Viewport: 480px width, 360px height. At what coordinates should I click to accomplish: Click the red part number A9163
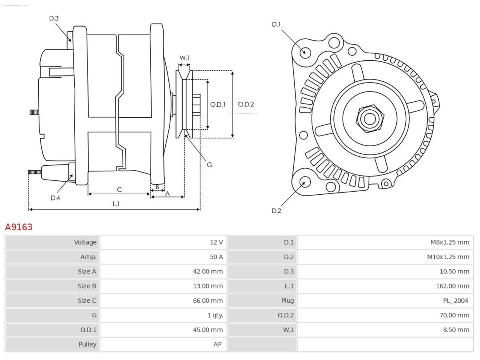click(19, 227)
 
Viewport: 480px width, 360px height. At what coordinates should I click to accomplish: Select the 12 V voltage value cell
click(163, 242)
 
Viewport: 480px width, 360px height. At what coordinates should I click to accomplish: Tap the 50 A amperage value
click(216, 257)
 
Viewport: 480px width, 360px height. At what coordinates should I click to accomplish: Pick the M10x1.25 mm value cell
click(385, 257)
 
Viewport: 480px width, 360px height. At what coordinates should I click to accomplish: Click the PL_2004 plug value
click(455, 300)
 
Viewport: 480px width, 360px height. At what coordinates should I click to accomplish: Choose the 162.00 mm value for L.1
click(453, 286)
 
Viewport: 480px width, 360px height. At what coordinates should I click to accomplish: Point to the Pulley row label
click(87, 344)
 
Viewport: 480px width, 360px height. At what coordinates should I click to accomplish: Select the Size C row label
click(87, 300)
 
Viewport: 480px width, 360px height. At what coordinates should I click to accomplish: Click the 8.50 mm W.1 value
click(456, 330)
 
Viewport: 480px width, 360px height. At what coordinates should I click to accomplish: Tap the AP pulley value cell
click(163, 344)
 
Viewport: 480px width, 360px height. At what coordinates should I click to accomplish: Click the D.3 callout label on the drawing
click(54, 18)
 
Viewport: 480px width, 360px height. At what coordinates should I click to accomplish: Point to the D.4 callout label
click(55, 198)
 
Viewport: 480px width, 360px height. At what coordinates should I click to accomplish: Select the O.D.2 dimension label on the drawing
click(246, 104)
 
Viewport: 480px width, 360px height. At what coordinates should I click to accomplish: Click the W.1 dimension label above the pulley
click(184, 58)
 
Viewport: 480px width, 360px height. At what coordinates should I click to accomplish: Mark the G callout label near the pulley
click(209, 165)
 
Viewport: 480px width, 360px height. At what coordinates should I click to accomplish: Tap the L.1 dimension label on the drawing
click(116, 204)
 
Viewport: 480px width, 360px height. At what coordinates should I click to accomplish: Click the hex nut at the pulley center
click(370, 119)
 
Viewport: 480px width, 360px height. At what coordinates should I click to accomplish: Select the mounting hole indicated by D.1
click(305, 52)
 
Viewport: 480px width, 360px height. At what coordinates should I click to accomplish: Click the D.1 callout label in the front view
click(276, 24)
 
